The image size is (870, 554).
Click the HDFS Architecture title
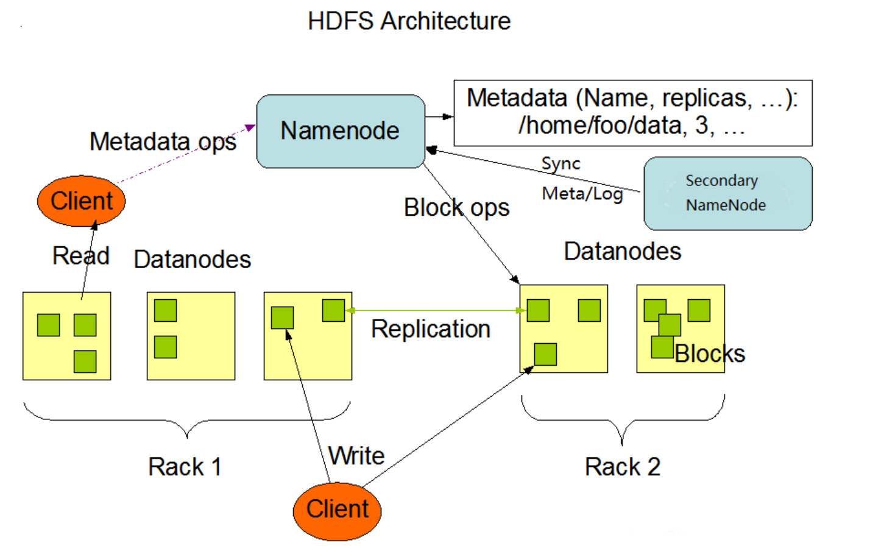[409, 21]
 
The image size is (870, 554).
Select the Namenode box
[340, 131]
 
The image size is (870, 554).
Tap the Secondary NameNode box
[727, 193]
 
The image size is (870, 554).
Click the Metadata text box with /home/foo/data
[632, 113]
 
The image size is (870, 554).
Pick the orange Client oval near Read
[81, 201]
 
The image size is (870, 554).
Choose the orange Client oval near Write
[337, 510]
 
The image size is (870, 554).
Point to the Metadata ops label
[163, 142]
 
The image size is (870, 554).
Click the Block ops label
[456, 208]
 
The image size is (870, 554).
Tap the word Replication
[431, 329]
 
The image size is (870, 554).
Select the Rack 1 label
[185, 467]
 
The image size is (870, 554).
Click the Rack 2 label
[622, 467]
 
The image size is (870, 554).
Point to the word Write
[356, 456]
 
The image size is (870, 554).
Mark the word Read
[80, 256]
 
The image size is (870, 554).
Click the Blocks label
[710, 354]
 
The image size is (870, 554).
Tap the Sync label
[561, 164]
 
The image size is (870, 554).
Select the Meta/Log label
[582, 194]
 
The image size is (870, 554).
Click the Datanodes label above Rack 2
[622, 252]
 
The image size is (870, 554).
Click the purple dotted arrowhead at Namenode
[250, 127]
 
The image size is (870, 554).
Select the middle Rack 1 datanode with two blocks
[191, 336]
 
